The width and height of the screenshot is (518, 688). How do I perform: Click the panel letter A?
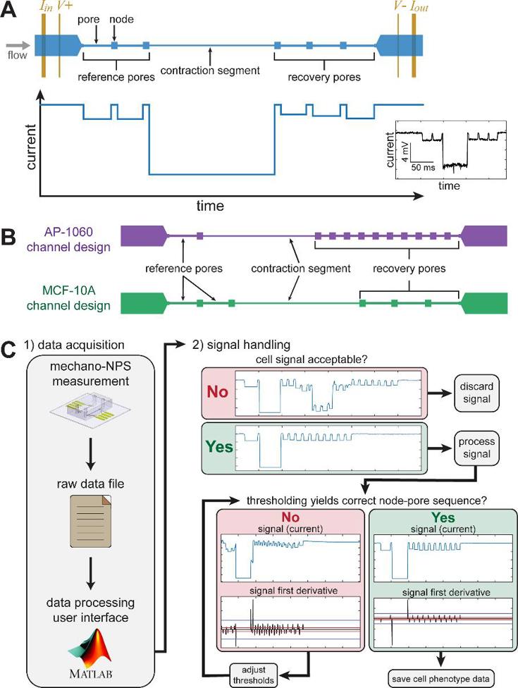[12, 12]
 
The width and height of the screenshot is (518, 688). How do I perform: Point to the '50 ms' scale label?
[424, 169]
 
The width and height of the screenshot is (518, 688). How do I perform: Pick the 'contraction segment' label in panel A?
[211, 70]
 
